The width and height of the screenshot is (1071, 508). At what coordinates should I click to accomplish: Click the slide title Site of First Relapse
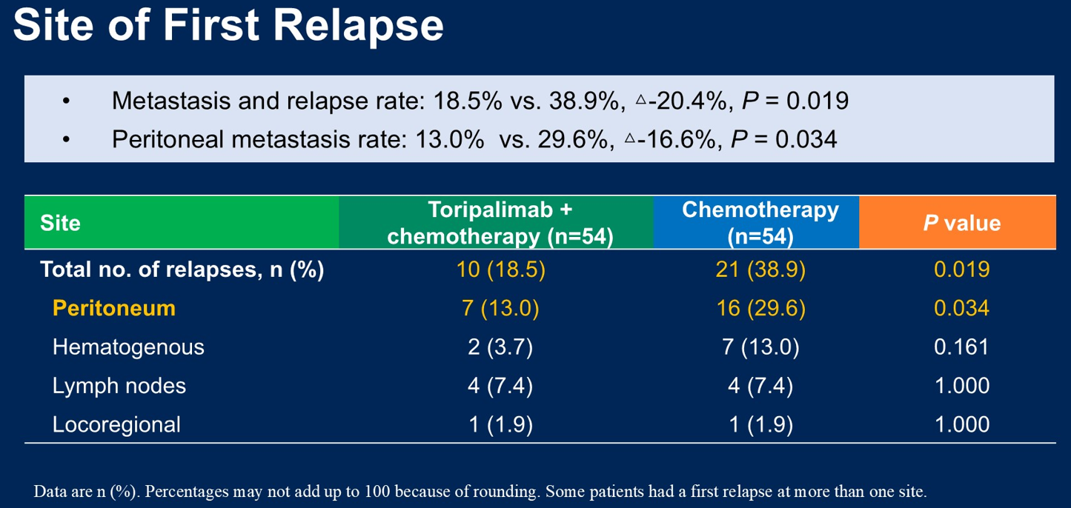coord(228,27)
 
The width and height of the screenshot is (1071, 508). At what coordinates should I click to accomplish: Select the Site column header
coord(61,223)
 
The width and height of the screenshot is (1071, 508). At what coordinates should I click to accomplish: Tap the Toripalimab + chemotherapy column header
coord(500,223)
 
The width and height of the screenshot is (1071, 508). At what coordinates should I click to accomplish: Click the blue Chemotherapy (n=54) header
coord(760,223)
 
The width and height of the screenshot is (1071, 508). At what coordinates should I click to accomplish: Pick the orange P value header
coord(961,223)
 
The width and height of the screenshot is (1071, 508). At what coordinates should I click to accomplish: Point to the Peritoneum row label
coord(113,308)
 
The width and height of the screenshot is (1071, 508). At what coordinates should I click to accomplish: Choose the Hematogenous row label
coord(128,347)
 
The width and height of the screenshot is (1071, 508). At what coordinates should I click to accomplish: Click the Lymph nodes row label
coord(119,386)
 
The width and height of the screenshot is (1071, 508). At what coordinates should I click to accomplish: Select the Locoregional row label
coord(116,424)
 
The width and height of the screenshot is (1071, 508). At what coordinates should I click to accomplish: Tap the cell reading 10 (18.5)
coord(500,270)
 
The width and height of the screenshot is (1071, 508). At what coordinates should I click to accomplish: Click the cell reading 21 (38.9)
coord(760,270)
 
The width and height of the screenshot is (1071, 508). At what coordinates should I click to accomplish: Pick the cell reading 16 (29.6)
coord(760,308)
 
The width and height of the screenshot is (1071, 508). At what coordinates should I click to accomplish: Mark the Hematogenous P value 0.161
coord(961,347)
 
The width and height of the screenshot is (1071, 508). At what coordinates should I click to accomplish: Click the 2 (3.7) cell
coord(500,347)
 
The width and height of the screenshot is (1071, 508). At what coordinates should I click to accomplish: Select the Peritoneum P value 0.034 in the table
coord(961,308)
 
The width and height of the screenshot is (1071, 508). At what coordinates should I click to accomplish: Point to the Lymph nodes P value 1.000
coord(961,386)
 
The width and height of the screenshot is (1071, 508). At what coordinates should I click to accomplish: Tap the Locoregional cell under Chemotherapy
coord(760,424)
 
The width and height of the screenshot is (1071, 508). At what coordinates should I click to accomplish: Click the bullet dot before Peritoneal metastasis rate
coord(67,139)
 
